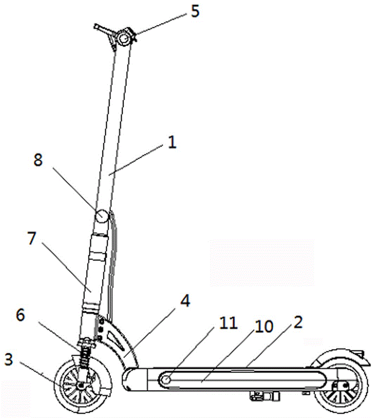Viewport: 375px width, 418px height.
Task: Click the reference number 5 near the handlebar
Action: click(195, 11)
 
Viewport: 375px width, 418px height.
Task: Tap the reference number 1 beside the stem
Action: click(172, 142)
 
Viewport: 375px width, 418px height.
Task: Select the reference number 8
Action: click(38, 160)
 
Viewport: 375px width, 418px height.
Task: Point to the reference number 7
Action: click(32, 238)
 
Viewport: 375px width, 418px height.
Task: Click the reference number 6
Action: click(20, 315)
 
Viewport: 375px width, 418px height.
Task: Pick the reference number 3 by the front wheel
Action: click(9, 359)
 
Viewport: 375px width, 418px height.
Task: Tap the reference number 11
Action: click(228, 323)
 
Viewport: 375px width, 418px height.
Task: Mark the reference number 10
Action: click(264, 326)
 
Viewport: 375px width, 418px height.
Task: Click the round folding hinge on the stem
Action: click(102, 216)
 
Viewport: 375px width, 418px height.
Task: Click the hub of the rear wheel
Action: click(345, 385)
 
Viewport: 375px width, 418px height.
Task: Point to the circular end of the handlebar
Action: click(124, 38)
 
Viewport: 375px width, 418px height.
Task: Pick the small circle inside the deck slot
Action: click(167, 379)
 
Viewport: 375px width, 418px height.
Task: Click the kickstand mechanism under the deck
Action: click(265, 396)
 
